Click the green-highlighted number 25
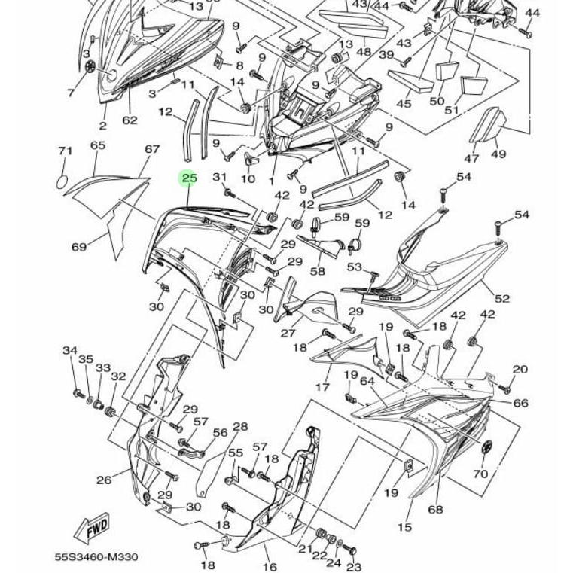pyautogui.click(x=189, y=178)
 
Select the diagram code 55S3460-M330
pyautogui.click(x=96, y=557)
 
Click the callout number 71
pyautogui.click(x=65, y=151)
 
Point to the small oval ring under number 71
pyautogui.click(x=64, y=181)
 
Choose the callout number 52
pyautogui.click(x=502, y=298)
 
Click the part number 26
pyautogui.click(x=103, y=479)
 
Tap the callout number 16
pyautogui.click(x=269, y=566)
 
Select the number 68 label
pyautogui.click(x=435, y=509)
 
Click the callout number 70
pyautogui.click(x=480, y=474)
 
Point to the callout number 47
pyautogui.click(x=471, y=158)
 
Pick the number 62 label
pyautogui.click(x=130, y=120)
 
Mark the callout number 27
pyautogui.click(x=288, y=333)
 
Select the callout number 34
pyautogui.click(x=70, y=350)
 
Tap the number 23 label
pyautogui.click(x=354, y=567)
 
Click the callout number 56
pyautogui.click(x=220, y=433)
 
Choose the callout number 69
pyautogui.click(x=79, y=246)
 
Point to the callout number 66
pyautogui.click(x=520, y=403)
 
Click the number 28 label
pyautogui.click(x=240, y=427)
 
